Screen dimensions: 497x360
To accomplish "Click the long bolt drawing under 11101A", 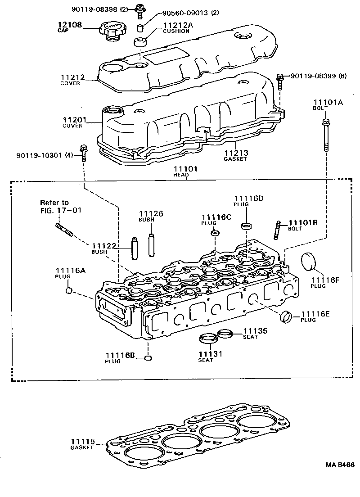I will tap(324, 135).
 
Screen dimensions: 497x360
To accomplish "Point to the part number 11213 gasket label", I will tap(236, 153).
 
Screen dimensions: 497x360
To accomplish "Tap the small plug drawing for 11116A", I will tap(69, 291).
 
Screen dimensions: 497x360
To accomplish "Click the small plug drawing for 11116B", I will tap(148, 358).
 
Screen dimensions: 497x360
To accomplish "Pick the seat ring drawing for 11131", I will tap(207, 339).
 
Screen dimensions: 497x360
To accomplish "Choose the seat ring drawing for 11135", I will tap(225, 334).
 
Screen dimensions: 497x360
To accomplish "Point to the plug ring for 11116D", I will tap(246, 225).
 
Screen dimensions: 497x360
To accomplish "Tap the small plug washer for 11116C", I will tap(215, 233).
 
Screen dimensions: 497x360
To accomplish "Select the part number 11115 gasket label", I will tap(82, 441).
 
